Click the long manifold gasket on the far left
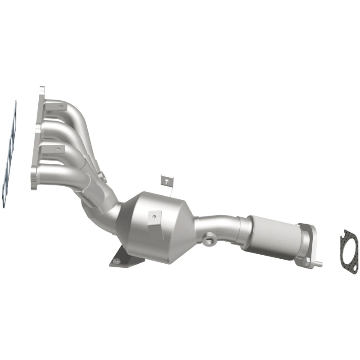pos(10,153)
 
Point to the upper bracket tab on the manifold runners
pos(58,107)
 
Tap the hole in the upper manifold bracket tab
pos(60,107)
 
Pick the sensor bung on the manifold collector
pos(103,177)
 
